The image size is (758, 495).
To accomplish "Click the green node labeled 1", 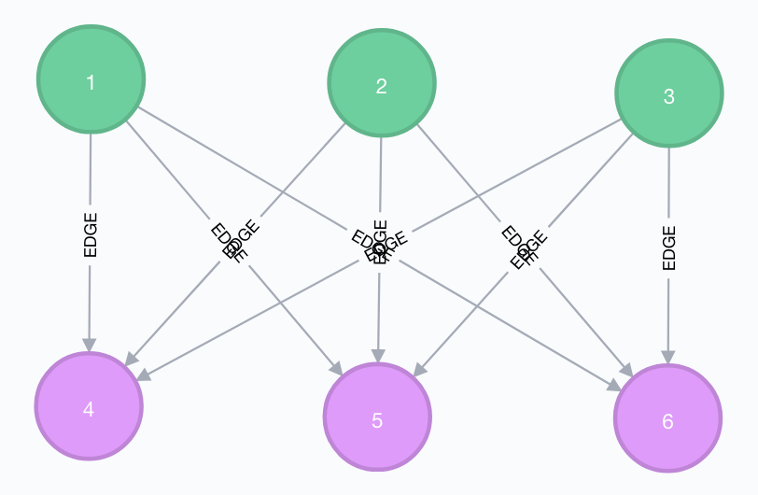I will click(91, 82).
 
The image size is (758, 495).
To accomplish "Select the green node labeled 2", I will click(381, 85).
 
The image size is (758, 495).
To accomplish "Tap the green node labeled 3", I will click(668, 93).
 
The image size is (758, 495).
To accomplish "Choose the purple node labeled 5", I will click(377, 418).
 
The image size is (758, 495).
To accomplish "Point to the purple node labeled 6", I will click(667, 419).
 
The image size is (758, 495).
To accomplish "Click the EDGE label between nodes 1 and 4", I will click(91, 235).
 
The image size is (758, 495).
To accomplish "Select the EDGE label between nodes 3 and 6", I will click(668, 247).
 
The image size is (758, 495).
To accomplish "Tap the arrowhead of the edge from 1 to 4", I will click(90, 345).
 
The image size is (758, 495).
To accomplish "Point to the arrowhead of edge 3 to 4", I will click(143, 375).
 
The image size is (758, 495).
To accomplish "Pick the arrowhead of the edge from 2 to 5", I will click(378, 356).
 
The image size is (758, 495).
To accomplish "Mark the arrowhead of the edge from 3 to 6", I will click(667, 357).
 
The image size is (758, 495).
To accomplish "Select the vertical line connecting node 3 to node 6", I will click(668, 187).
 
